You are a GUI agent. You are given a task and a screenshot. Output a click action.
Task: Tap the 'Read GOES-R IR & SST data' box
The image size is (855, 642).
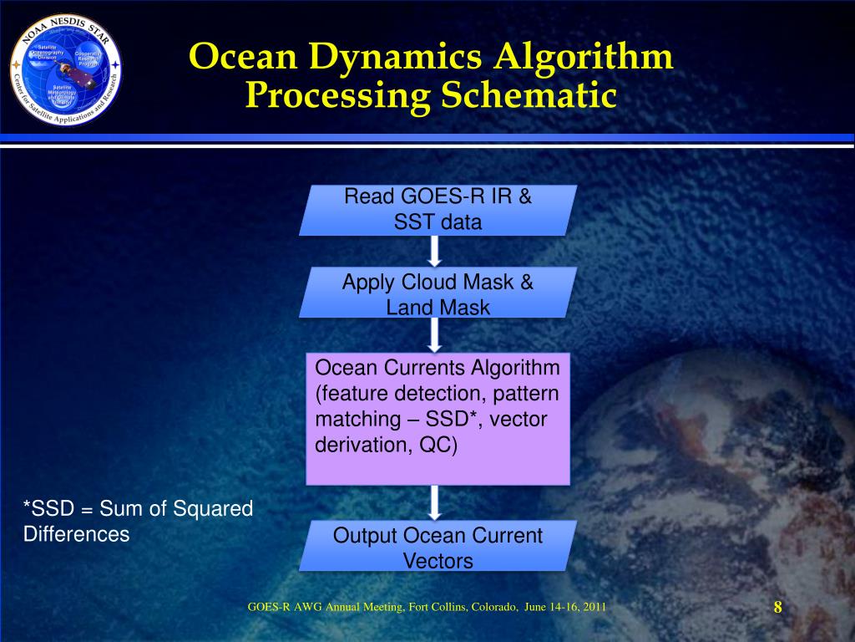click(x=438, y=210)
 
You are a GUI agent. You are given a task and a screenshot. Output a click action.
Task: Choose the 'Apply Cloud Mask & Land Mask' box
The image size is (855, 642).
click(x=438, y=293)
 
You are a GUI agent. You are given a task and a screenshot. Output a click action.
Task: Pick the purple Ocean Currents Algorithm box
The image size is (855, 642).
click(x=438, y=419)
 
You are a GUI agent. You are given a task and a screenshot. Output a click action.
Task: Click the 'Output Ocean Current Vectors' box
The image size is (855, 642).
click(x=438, y=547)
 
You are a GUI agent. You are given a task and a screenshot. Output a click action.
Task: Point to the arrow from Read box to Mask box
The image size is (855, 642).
click(x=435, y=251)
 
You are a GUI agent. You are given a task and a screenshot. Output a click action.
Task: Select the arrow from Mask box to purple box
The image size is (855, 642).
click(x=435, y=334)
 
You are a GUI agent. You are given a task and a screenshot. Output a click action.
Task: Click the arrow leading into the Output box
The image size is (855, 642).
click(x=435, y=502)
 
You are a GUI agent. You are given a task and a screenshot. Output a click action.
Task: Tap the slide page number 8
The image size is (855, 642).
click(x=777, y=607)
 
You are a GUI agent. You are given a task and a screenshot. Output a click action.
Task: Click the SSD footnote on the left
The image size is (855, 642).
click(x=138, y=521)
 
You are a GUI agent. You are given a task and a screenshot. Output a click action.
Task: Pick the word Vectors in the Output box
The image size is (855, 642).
click(x=438, y=561)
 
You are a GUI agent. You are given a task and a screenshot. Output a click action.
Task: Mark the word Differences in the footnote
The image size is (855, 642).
click(x=76, y=534)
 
